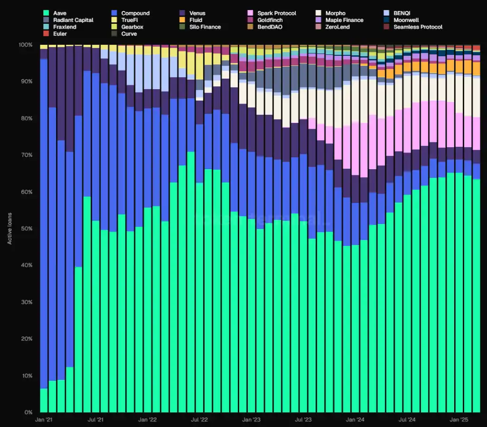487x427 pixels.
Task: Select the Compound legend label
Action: click(135, 13)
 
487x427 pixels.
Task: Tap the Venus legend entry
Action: click(197, 13)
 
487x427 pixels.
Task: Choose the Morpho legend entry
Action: click(335, 13)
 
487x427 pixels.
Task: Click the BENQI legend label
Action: click(402, 13)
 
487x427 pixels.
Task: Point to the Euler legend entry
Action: click(60, 34)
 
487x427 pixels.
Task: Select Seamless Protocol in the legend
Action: click(418, 27)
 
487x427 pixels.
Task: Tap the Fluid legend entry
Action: click(195, 20)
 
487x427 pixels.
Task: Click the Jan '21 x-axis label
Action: click(44, 420)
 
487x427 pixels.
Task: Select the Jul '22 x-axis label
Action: click(199, 420)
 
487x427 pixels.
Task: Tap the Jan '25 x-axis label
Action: click(459, 420)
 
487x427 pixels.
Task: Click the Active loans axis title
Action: click(10, 229)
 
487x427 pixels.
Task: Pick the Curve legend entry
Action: click(129, 34)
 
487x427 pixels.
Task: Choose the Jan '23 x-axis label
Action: click(251, 420)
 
